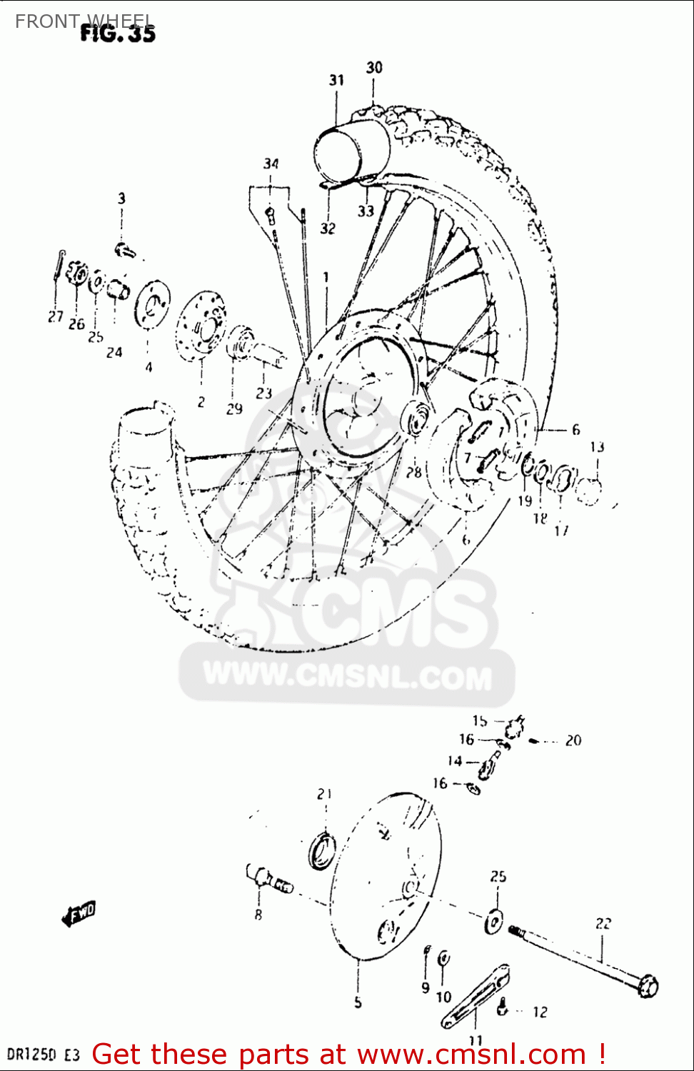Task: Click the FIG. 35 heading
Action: (x=117, y=32)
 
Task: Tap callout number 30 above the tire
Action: (x=374, y=68)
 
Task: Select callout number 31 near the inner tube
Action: (x=336, y=81)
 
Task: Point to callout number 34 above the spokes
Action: (x=271, y=164)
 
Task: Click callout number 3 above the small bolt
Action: (x=121, y=198)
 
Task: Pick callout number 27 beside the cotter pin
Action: (x=56, y=316)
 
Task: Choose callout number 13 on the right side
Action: (x=597, y=447)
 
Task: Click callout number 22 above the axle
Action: (x=603, y=923)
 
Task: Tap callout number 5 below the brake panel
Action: (x=358, y=1002)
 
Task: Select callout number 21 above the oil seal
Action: (x=325, y=793)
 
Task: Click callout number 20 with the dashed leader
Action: (x=573, y=740)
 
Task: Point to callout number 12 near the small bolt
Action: (x=540, y=1012)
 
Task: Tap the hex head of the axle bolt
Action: (x=648, y=986)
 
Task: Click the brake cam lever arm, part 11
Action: (x=475, y=996)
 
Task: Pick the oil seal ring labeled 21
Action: (x=323, y=850)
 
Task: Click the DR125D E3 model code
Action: (x=42, y=1055)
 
